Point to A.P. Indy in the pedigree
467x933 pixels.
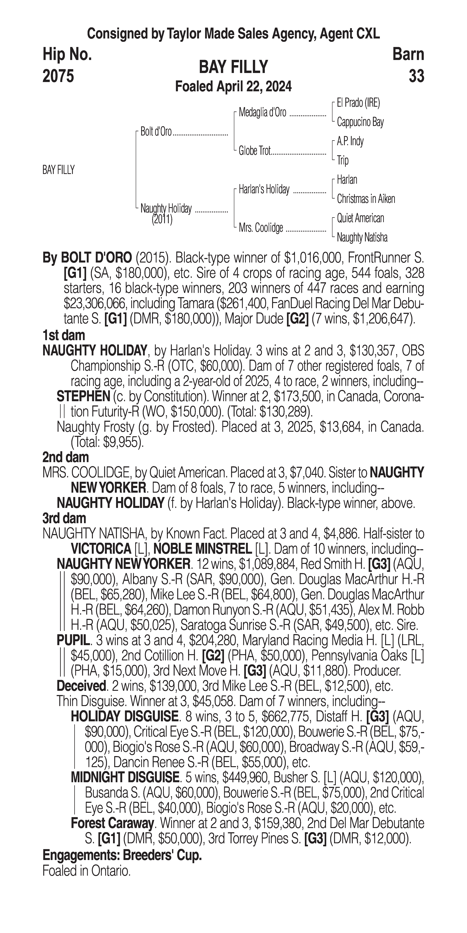[x=350, y=141]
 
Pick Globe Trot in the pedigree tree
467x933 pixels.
[x=254, y=151]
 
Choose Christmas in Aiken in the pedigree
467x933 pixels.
[x=366, y=199]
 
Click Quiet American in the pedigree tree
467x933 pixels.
[x=360, y=218]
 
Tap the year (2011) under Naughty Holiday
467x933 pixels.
[x=162, y=220]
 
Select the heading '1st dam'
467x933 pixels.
[x=64, y=335]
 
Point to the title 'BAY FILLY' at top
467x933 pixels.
[x=233, y=67]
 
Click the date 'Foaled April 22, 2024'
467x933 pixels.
[x=233, y=87]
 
